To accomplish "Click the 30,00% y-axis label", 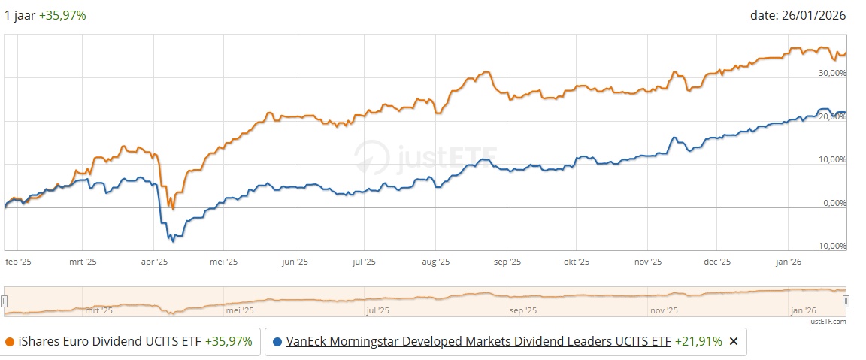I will pyautogui.click(x=832, y=73).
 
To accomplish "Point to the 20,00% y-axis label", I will pyautogui.click(x=832, y=116).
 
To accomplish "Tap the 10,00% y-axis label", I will pyautogui.click(x=832, y=159).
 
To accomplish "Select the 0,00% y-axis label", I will pyautogui.click(x=834, y=203).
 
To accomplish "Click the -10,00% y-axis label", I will pyautogui.click(x=831, y=246).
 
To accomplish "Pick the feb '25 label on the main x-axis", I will pyautogui.click(x=19, y=262).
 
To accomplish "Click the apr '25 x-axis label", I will pyautogui.click(x=154, y=262).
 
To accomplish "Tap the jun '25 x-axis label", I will pyautogui.click(x=295, y=262).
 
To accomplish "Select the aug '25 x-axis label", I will pyautogui.click(x=435, y=262).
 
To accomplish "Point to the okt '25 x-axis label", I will pyautogui.click(x=576, y=262).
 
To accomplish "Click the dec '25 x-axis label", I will pyautogui.click(x=717, y=262).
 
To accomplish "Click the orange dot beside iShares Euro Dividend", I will pyautogui.click(x=9, y=341).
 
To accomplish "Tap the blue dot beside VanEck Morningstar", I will pyautogui.click(x=277, y=341).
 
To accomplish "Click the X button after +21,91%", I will pyautogui.click(x=734, y=341).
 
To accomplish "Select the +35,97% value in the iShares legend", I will pyautogui.click(x=229, y=341).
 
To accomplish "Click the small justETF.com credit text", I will pyautogui.click(x=828, y=322).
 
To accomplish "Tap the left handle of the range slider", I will pyautogui.click(x=5, y=301).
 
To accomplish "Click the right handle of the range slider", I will pyautogui.click(x=846, y=301).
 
